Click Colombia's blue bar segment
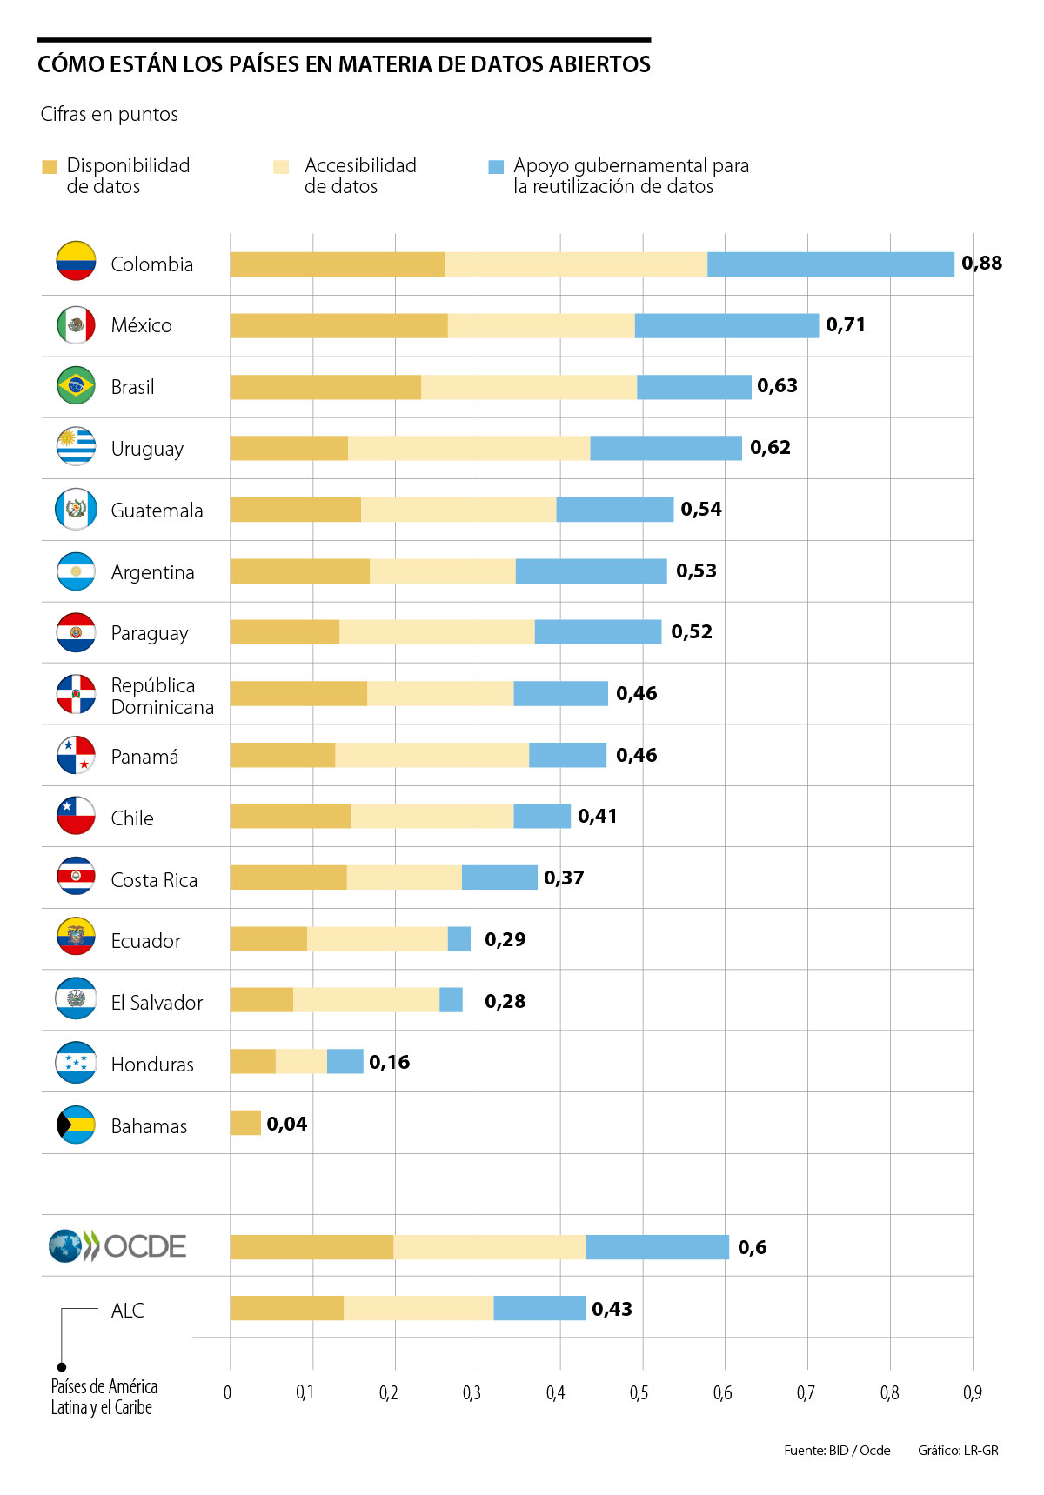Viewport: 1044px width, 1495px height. click(x=830, y=264)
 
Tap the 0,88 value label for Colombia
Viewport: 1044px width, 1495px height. click(x=981, y=263)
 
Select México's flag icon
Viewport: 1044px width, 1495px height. click(x=76, y=325)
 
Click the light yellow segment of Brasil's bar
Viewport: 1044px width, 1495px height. click(x=528, y=387)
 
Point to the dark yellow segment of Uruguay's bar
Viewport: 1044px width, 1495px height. click(x=289, y=448)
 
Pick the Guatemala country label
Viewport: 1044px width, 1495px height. click(x=157, y=511)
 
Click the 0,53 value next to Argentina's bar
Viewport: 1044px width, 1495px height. click(x=696, y=571)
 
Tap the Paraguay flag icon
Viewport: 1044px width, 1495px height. click(x=76, y=632)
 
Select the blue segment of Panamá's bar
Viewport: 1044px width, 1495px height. click(x=567, y=755)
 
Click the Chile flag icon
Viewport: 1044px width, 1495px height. click(x=76, y=817)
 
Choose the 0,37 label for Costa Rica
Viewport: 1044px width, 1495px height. click(x=564, y=878)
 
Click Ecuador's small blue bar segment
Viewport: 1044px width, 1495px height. click(x=459, y=939)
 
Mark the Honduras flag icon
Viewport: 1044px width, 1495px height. click(x=76, y=1063)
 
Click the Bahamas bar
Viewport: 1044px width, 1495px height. click(x=245, y=1123)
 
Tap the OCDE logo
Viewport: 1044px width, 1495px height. click(x=117, y=1246)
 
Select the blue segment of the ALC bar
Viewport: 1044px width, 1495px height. click(x=539, y=1308)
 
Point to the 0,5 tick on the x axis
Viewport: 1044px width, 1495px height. click(x=639, y=1392)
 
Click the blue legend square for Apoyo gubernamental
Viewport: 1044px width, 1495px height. click(x=496, y=167)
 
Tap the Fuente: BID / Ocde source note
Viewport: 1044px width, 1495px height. click(x=836, y=1451)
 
